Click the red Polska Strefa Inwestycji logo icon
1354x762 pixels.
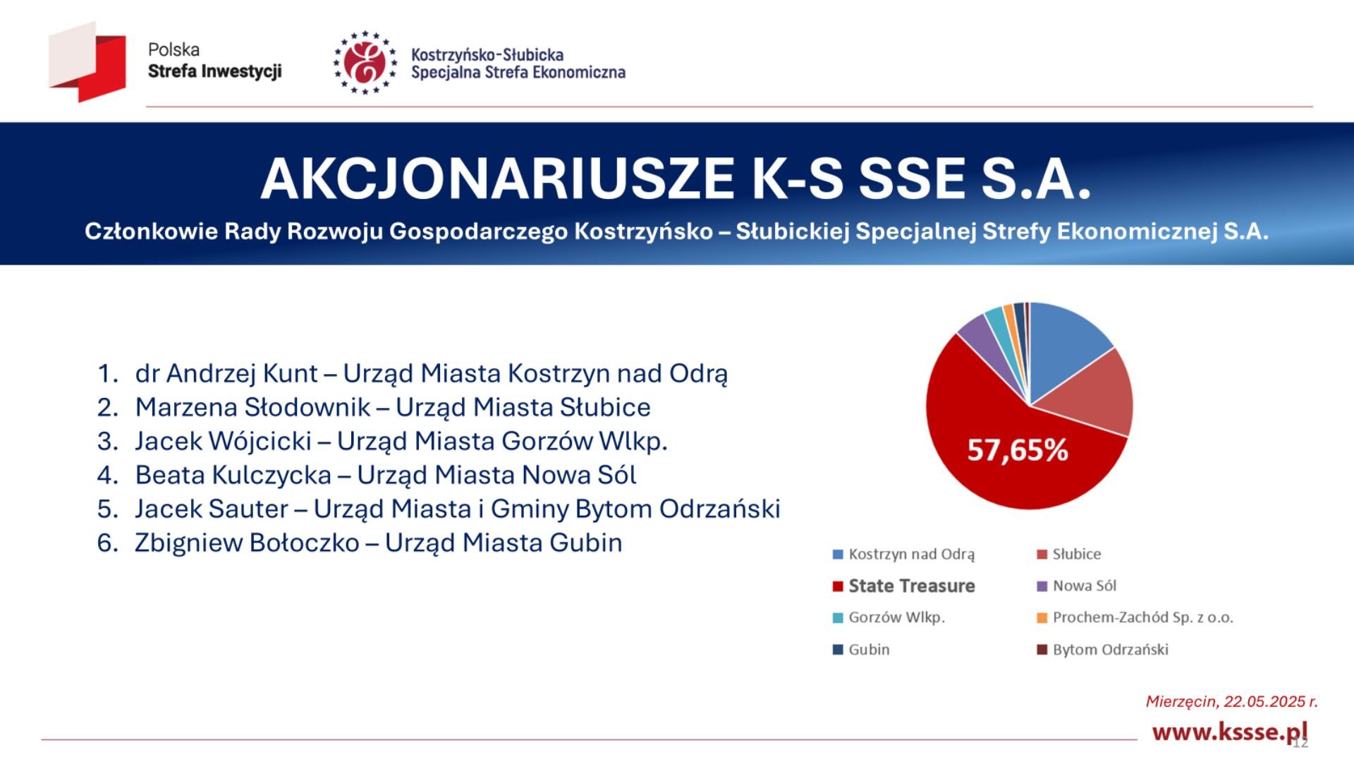click(x=88, y=62)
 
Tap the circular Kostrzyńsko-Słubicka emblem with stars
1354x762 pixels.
click(x=365, y=62)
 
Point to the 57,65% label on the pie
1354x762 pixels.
click(x=1017, y=450)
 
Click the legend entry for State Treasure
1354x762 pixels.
click(x=911, y=586)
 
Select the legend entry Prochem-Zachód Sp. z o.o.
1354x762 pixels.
click(x=1142, y=618)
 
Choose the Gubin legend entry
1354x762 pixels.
click(x=869, y=650)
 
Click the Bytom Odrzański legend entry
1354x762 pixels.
click(x=1110, y=650)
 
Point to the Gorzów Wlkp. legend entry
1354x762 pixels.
click(x=896, y=618)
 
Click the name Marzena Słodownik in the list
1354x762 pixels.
click(x=252, y=407)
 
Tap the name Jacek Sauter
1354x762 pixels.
click(x=212, y=509)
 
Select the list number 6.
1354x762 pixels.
click(x=106, y=543)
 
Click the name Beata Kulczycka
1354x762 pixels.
click(x=233, y=475)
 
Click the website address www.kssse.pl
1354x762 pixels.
click(x=1228, y=732)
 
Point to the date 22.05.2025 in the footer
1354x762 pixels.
click(x=1265, y=701)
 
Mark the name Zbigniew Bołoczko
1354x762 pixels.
click(x=247, y=543)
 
